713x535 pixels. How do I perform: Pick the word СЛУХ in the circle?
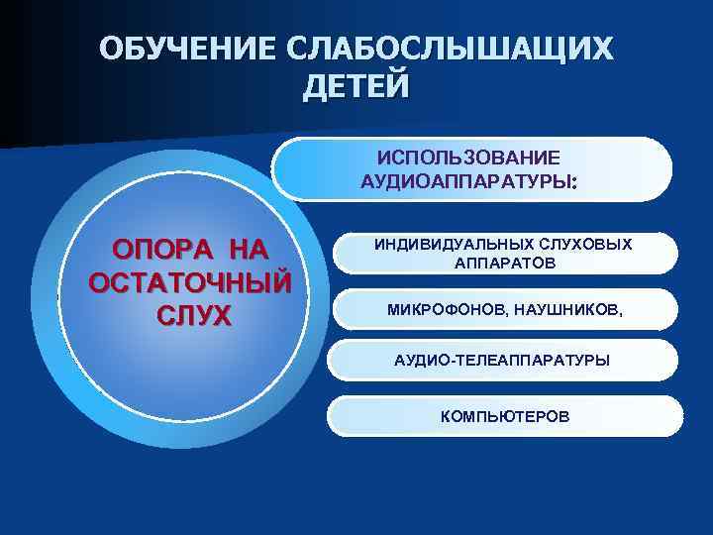click(x=192, y=315)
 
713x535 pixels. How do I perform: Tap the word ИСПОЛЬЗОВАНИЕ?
click(x=468, y=158)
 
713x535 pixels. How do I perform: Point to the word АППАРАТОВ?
click(x=505, y=263)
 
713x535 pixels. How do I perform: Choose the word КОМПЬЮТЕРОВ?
click(x=505, y=416)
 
